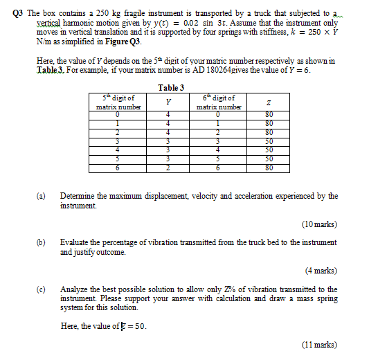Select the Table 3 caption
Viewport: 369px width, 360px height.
pyautogui.click(x=171, y=88)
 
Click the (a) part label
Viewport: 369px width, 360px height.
pyautogui.click(x=41, y=196)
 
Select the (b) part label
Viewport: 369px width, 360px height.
pyautogui.click(x=41, y=242)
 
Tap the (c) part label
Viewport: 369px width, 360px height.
pyautogui.click(x=41, y=289)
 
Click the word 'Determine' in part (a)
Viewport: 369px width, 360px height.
pyautogui.click(x=78, y=196)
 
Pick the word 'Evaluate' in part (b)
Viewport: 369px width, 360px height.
pyautogui.click(x=75, y=242)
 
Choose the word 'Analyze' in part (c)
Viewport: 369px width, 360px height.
pyautogui.click(x=75, y=289)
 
